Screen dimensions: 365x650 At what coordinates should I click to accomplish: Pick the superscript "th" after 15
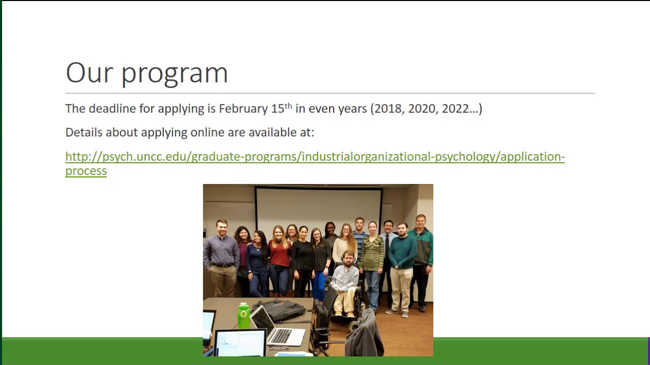[x=288, y=106]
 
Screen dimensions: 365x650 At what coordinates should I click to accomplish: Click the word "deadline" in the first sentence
[x=112, y=108]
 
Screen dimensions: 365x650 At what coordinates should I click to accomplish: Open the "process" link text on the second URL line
[x=86, y=171]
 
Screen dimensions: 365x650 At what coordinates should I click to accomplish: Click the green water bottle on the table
[x=244, y=315]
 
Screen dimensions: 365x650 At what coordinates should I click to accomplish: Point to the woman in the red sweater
[x=280, y=256]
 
